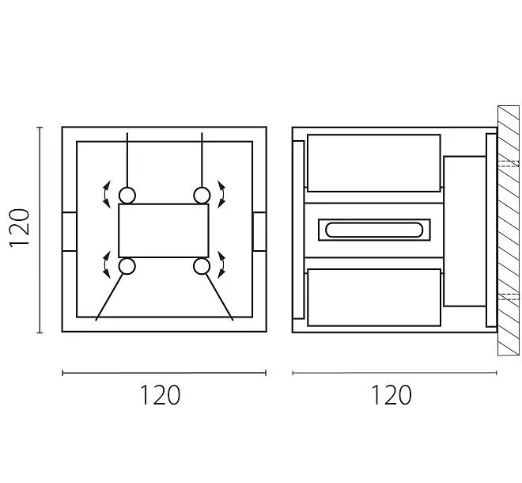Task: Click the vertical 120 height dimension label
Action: click(19, 228)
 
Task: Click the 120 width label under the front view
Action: click(161, 394)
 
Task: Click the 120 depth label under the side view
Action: click(391, 394)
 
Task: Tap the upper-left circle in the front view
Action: click(127, 195)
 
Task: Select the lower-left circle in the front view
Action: click(127, 266)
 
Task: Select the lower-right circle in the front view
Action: click(202, 266)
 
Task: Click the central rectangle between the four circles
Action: click(164, 230)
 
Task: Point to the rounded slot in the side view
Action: click(372, 230)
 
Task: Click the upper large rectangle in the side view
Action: click(373, 163)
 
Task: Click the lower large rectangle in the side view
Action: click(373, 297)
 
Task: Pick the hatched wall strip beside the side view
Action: click(508, 230)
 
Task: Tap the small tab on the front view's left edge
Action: click(70, 231)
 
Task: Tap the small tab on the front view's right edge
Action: click(259, 231)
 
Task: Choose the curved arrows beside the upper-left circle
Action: click(105, 194)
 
